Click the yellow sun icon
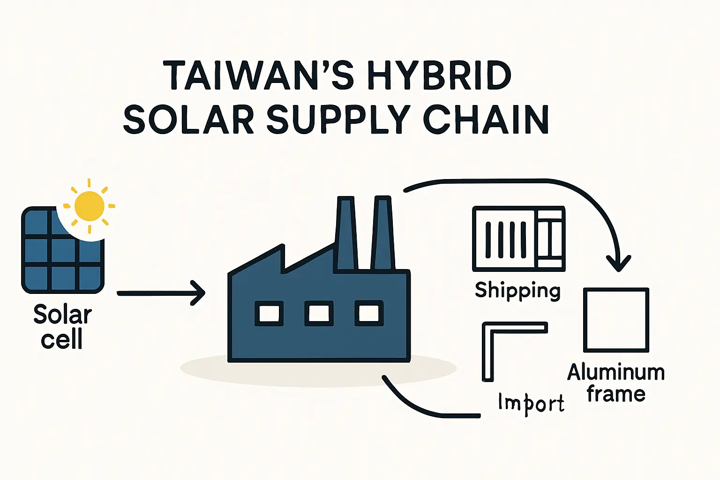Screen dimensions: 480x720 (89, 206)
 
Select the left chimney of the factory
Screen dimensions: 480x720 (346, 234)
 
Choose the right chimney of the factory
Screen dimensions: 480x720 (382, 234)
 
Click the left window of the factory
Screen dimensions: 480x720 (269, 313)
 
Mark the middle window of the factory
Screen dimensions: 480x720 (319, 313)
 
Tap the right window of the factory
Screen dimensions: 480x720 (369, 313)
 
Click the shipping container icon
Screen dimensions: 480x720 (518, 239)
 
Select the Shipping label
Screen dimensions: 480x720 (517, 291)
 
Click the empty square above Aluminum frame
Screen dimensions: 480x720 (616, 320)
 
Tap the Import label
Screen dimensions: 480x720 (531, 404)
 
